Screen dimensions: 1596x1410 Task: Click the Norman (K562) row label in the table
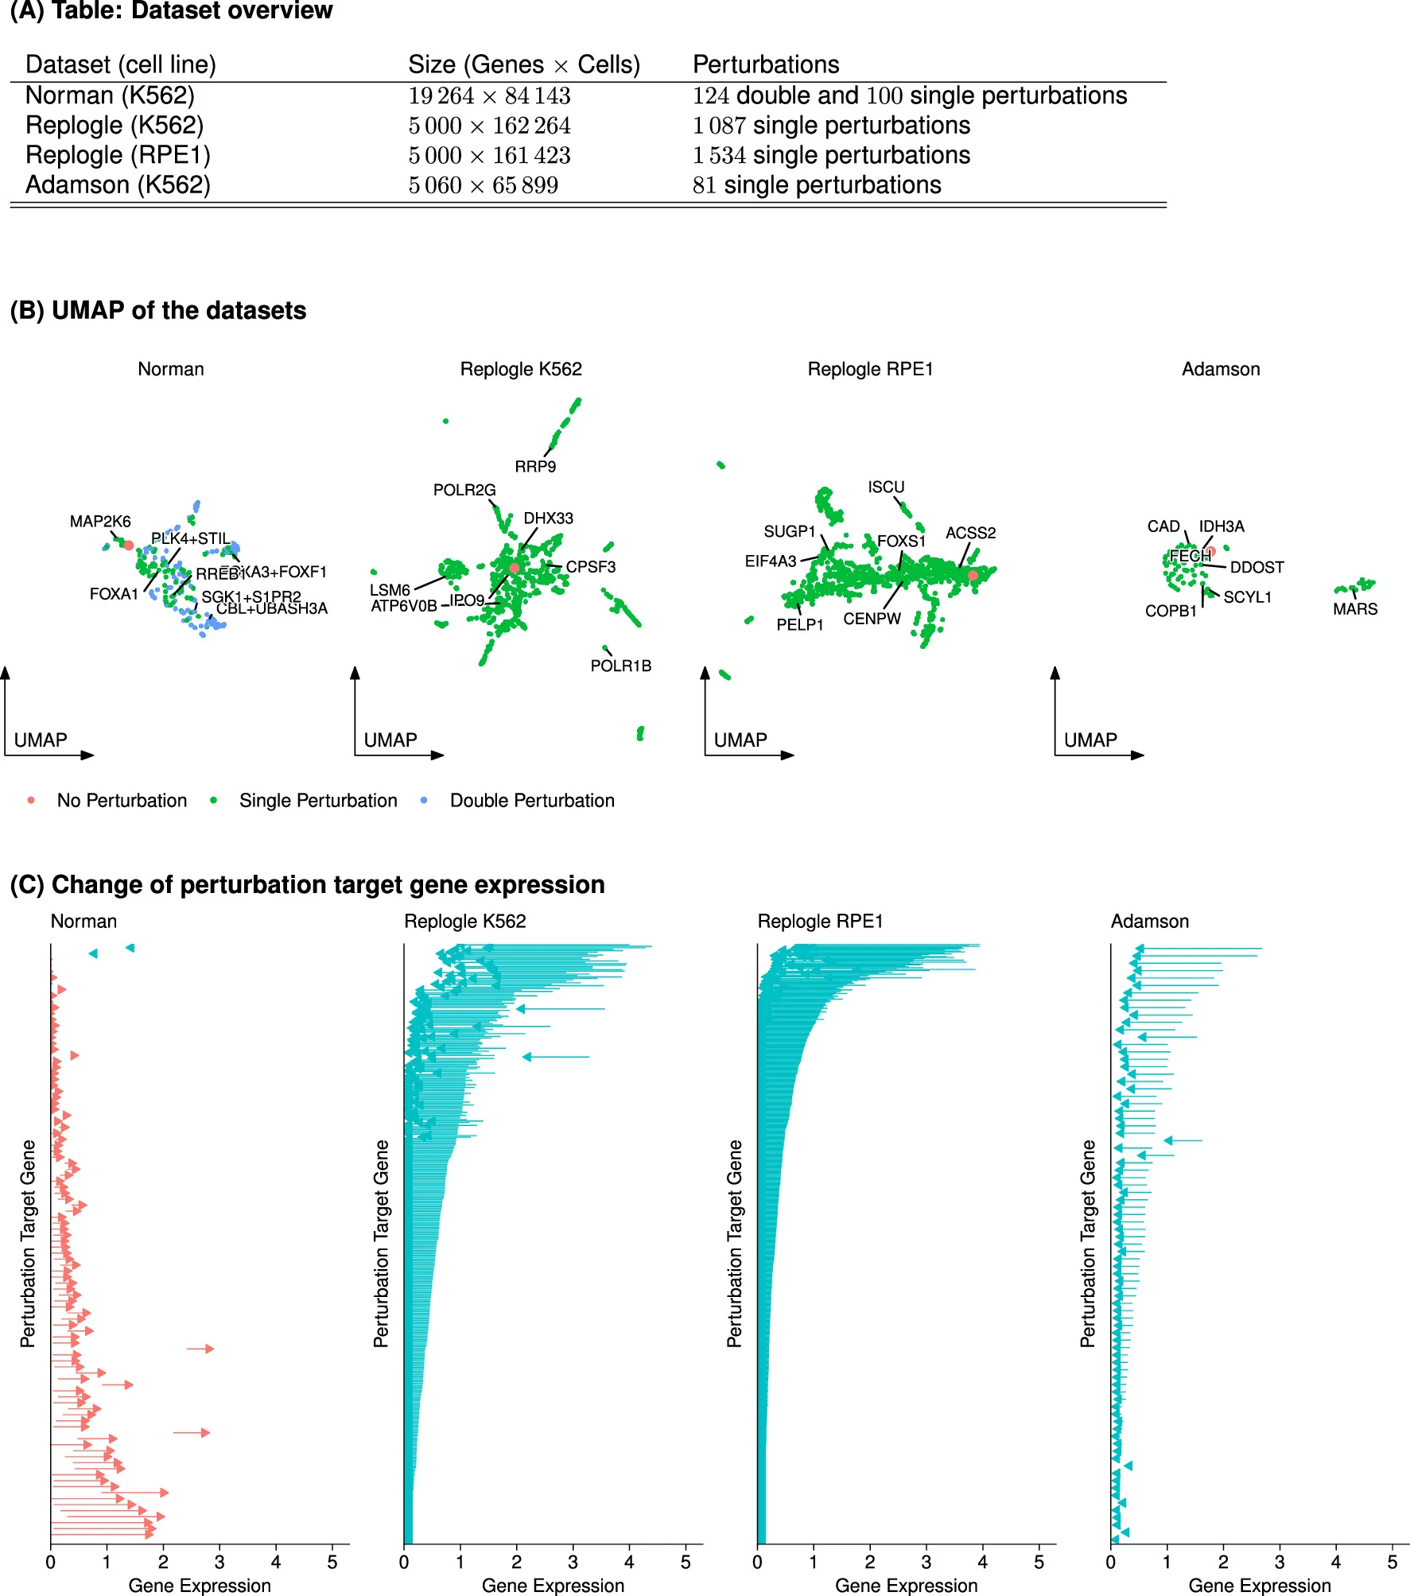(110, 95)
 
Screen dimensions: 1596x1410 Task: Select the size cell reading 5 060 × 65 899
(483, 185)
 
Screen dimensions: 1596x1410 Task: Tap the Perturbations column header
(765, 64)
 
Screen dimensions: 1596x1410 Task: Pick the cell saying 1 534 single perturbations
(831, 155)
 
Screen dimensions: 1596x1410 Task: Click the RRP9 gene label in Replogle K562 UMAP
(535, 467)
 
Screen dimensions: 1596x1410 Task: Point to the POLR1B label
(620, 666)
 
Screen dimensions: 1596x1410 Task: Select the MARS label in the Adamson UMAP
(1355, 609)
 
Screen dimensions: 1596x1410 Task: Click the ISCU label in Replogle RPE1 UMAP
(886, 487)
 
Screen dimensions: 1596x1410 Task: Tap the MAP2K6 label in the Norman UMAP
(100, 522)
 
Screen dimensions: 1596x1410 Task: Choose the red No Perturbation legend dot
(31, 800)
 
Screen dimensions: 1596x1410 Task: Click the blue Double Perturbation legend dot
(424, 800)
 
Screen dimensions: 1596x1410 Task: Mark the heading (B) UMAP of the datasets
(158, 310)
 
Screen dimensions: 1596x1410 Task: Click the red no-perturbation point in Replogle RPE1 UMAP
(973, 575)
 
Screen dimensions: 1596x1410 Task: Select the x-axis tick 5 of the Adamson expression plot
(1392, 1563)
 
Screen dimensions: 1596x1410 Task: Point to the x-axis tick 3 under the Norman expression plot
(219, 1563)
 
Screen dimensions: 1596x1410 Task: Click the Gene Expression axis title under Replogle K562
(553, 1586)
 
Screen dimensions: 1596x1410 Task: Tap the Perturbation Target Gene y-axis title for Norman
(28, 1243)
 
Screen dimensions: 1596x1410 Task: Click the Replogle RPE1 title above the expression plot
(820, 922)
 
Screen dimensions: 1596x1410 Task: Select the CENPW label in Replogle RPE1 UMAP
(872, 619)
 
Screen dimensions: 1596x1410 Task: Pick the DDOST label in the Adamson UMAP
(1257, 568)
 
